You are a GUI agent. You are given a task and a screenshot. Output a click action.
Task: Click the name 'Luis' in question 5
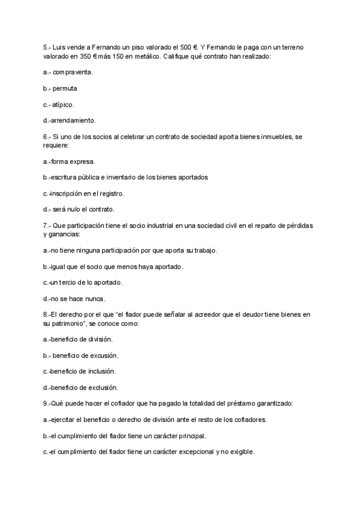pos(59,47)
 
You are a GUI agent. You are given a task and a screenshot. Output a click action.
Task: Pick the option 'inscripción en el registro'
pos(88,193)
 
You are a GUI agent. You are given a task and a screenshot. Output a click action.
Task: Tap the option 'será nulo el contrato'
pos(83,209)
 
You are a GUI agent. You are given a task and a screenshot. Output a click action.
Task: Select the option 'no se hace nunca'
pos(79,298)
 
